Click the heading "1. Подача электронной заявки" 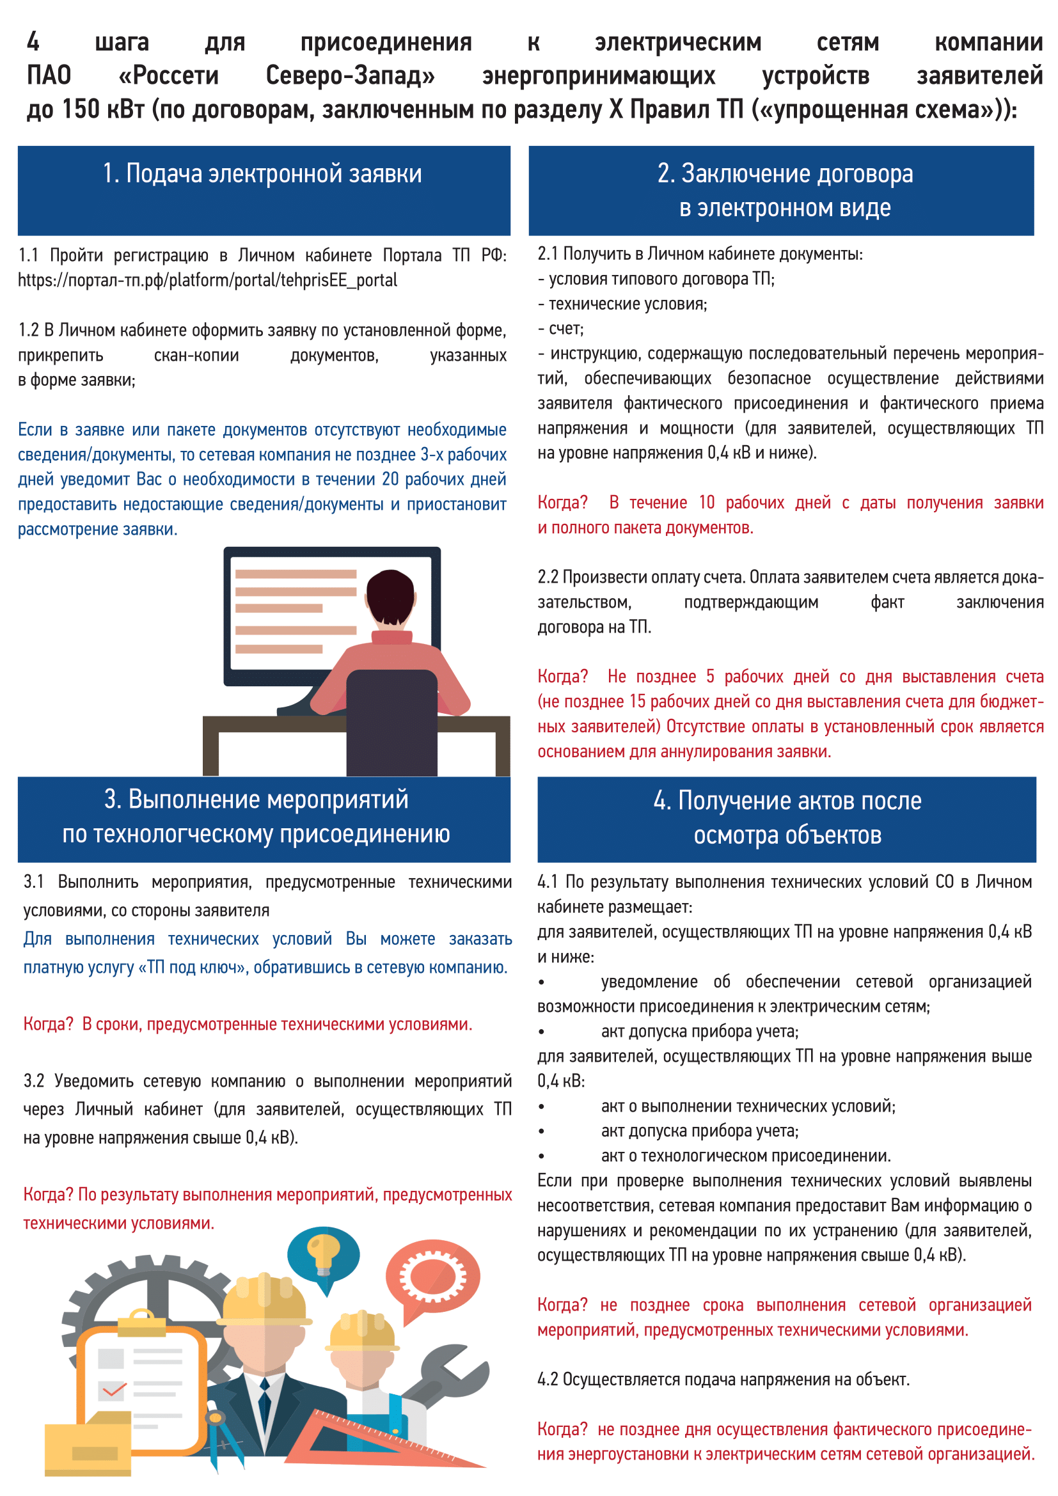262,174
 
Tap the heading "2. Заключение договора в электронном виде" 784,190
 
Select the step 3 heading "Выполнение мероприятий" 256,816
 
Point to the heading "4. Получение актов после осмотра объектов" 787,818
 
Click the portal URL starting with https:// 207,280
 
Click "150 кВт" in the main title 104,109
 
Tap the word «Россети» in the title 169,75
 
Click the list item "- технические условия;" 622,304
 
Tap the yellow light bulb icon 323,1254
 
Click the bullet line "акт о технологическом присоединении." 745,1156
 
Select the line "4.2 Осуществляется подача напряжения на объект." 723,1380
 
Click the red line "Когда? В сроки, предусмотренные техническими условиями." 248,1024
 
